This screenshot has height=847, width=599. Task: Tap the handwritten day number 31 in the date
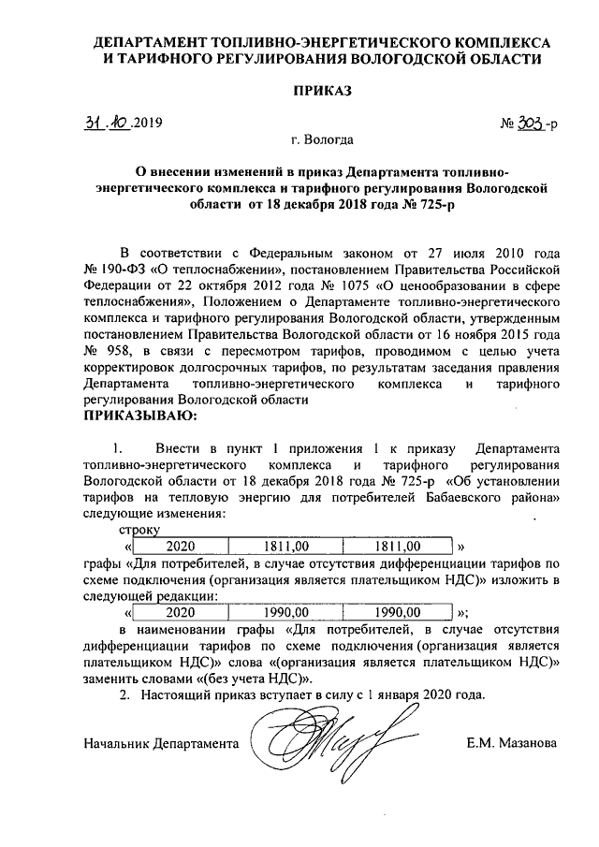click(90, 124)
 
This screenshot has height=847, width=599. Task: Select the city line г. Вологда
click(322, 140)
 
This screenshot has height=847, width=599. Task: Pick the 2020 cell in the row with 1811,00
click(180, 545)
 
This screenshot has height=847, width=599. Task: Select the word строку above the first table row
click(139, 529)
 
